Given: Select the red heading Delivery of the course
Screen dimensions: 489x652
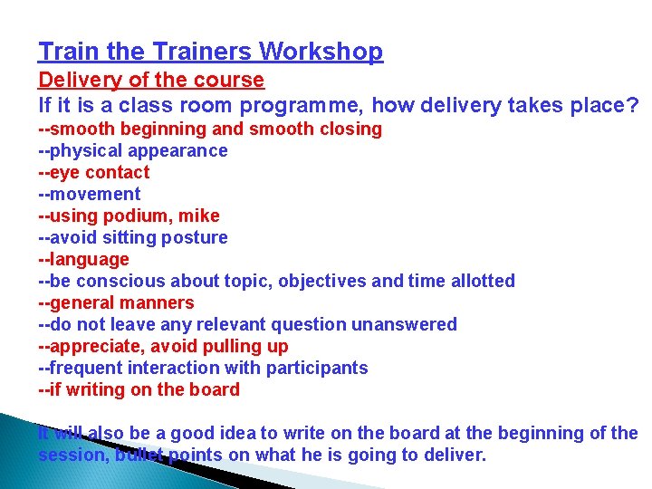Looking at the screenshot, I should point(151,81).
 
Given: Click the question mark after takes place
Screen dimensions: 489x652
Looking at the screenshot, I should point(631,106).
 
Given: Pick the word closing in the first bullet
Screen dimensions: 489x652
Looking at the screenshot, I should point(350,129).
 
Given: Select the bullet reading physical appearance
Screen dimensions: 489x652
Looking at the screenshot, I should point(133,150).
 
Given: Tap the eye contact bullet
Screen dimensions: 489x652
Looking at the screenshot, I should point(94,172).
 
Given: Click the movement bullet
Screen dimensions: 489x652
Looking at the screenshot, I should point(90,194).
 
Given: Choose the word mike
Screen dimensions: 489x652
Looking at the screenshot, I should point(199,216).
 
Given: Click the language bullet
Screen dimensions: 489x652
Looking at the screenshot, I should point(84,259).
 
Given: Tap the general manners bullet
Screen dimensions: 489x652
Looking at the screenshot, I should point(116,302).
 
